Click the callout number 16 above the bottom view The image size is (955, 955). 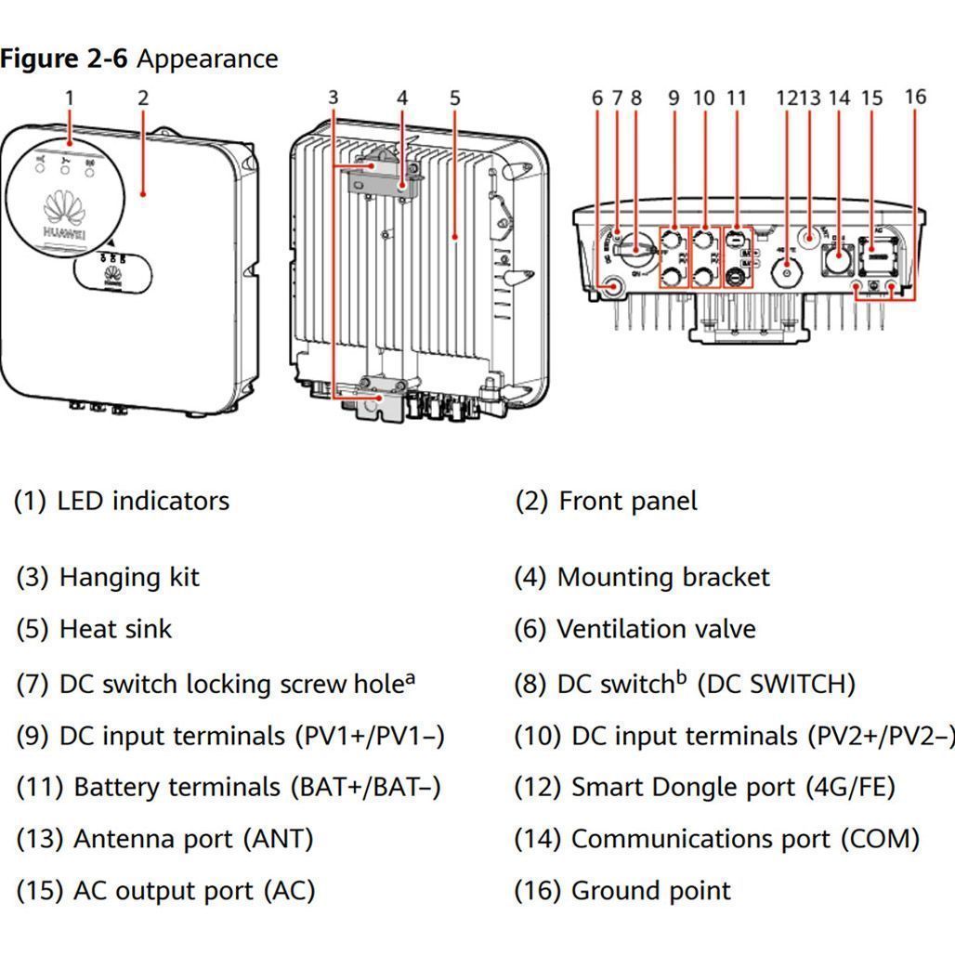[915, 97]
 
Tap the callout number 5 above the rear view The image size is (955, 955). [454, 98]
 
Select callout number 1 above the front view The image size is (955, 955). [69, 98]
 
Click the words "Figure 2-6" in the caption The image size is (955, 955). [63, 59]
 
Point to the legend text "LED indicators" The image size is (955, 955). [142, 501]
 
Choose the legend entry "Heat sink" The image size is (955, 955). [115, 629]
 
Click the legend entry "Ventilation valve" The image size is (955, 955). [656, 629]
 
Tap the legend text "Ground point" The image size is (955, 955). [650, 891]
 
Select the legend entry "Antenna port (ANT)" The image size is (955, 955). [192, 839]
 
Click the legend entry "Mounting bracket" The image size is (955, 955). [663, 577]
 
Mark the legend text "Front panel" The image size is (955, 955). [627, 501]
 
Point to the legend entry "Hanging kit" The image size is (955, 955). [129, 577]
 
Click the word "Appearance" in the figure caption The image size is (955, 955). [207, 59]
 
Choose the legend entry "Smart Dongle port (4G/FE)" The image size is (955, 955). [732, 787]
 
